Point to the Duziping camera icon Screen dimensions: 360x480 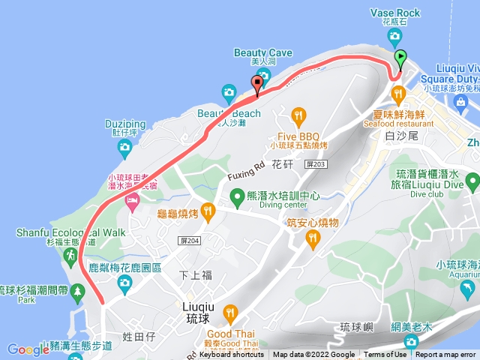(x=124, y=148)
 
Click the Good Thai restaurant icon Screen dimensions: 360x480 (x=230, y=313)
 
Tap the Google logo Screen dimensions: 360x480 (x=28, y=349)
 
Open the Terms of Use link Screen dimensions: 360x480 (x=385, y=355)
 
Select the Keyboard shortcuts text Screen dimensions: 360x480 (x=232, y=355)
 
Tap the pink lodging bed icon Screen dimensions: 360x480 (x=132, y=199)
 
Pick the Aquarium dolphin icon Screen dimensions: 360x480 (x=469, y=289)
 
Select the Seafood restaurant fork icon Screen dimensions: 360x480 (x=397, y=94)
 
